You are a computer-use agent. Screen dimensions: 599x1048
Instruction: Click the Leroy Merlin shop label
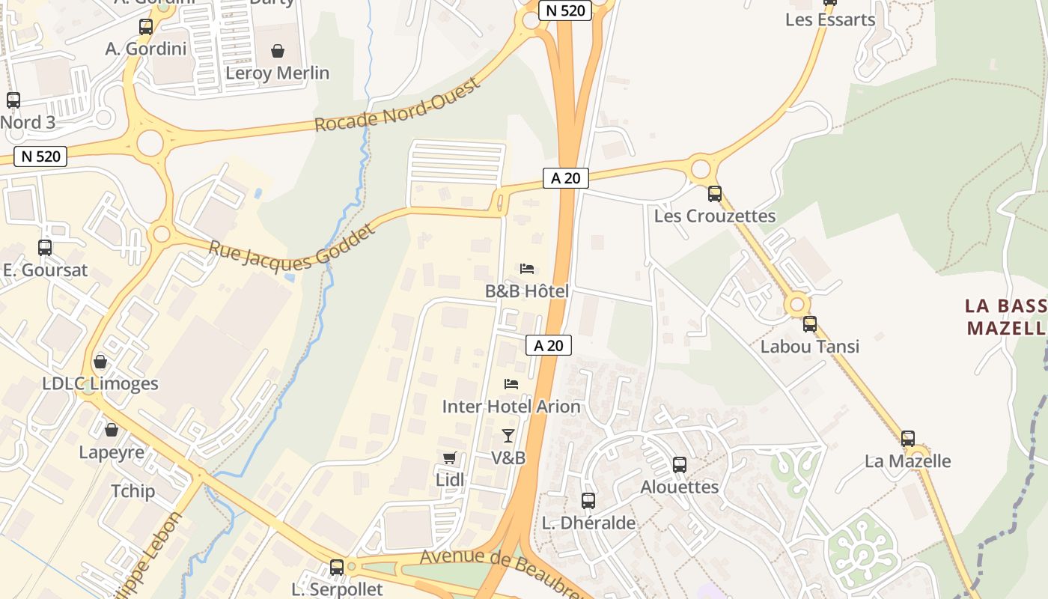pyautogui.click(x=277, y=73)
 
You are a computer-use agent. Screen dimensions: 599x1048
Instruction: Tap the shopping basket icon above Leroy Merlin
pyautogui.click(x=278, y=51)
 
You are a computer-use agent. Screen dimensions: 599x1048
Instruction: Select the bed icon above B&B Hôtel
pyautogui.click(x=527, y=269)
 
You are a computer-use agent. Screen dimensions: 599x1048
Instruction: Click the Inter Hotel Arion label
pyautogui.click(x=511, y=407)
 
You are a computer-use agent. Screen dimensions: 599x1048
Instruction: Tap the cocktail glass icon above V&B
pyautogui.click(x=508, y=435)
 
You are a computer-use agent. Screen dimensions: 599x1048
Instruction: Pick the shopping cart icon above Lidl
pyautogui.click(x=449, y=457)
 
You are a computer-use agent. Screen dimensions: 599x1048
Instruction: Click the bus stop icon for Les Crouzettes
pyautogui.click(x=715, y=194)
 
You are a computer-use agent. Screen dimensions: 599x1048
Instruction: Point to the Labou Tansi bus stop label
pyautogui.click(x=809, y=347)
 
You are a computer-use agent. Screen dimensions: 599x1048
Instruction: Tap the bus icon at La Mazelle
pyautogui.click(x=908, y=439)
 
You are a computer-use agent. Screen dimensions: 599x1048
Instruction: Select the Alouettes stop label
pyautogui.click(x=679, y=487)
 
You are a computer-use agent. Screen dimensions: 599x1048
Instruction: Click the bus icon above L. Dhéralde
pyautogui.click(x=588, y=501)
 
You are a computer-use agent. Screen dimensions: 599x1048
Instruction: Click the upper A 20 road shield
pyautogui.click(x=566, y=178)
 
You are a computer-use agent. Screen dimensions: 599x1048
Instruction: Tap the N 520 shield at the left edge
pyautogui.click(x=40, y=156)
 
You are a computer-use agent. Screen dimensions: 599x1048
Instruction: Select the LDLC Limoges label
pyautogui.click(x=100, y=383)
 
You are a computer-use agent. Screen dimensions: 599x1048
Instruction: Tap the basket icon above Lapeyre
pyautogui.click(x=112, y=431)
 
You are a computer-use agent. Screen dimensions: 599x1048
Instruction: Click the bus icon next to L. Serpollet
pyautogui.click(x=337, y=568)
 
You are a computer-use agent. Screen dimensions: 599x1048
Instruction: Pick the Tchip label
pyautogui.click(x=132, y=491)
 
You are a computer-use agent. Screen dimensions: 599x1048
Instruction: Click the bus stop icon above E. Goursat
pyautogui.click(x=45, y=248)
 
